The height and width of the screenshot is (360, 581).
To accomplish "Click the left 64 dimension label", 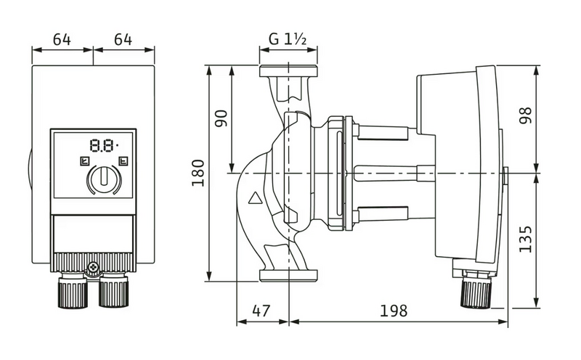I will (x=62, y=39).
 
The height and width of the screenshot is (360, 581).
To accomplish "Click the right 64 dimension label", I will (x=123, y=39).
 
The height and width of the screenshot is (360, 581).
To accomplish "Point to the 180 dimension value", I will (x=198, y=173).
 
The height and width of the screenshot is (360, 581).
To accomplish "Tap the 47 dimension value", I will (x=261, y=311).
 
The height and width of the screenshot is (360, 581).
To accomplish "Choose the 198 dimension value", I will (x=394, y=311).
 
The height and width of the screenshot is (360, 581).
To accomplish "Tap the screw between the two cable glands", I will (x=93, y=270).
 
